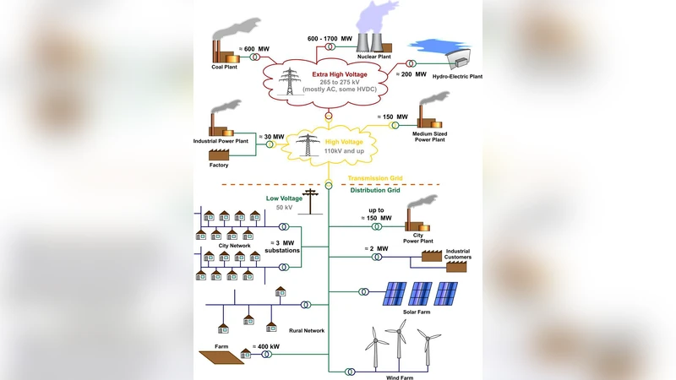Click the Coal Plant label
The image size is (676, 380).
pos(224,67)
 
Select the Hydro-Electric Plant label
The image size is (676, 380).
pos(457,77)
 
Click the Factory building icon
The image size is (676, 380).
pos(219,155)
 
